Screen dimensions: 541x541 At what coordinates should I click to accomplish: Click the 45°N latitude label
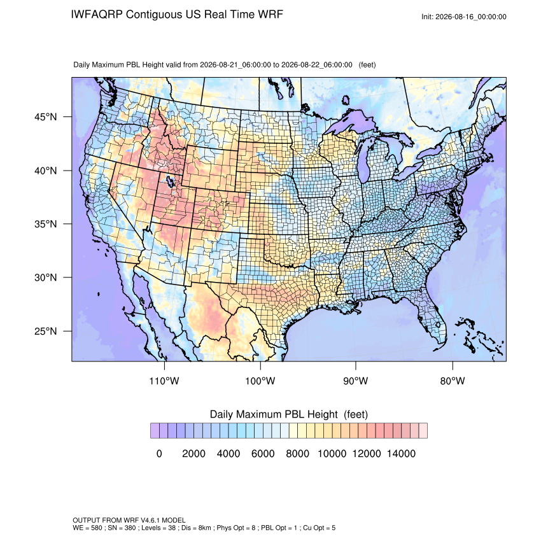45,117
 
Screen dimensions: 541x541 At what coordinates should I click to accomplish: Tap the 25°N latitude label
45,331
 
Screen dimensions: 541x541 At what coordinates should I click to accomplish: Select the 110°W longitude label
164,381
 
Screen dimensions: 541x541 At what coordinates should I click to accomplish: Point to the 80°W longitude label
453,381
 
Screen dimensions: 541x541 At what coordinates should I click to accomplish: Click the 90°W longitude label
355,381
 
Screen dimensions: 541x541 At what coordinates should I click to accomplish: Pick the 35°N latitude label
45,224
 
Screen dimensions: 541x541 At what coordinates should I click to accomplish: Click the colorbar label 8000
297,453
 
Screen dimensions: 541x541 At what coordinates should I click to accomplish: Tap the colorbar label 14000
401,453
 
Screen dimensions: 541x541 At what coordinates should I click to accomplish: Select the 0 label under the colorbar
159,453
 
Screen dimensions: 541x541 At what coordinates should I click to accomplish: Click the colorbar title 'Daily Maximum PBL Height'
274,414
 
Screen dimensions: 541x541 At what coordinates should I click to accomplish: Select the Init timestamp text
464,17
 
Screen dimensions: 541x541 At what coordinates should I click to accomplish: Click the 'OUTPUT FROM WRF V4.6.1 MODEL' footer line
129,520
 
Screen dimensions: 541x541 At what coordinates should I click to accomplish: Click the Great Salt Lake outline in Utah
169,181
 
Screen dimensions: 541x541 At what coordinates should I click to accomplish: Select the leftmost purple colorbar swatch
155,431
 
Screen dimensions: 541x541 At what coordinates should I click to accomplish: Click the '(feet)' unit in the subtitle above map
367,65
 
